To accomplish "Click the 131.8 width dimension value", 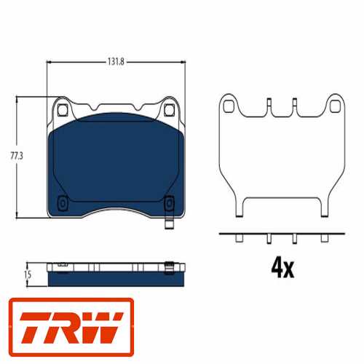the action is pos(116,62).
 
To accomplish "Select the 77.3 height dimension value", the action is pos(17,156).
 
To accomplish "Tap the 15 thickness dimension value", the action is pos(28,274).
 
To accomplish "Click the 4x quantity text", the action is pos(282,269).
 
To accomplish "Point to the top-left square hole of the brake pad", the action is pos(63,110).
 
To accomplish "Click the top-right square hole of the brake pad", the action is pos(169,110).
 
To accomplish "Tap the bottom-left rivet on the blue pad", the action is pos(63,203).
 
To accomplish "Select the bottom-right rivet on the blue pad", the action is pos(169,203).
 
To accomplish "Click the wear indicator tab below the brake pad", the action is pos(169,223).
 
